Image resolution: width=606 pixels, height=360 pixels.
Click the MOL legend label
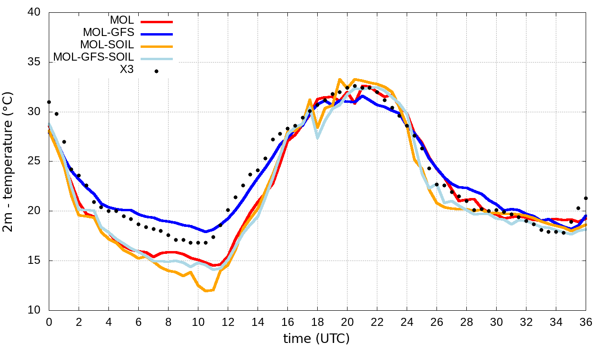(x=122, y=20)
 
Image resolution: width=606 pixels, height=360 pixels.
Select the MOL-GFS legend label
(x=108, y=33)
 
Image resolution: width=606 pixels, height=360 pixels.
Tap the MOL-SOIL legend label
(x=107, y=45)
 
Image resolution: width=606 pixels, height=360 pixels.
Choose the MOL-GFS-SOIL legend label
(x=93, y=57)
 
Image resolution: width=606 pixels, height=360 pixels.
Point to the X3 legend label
(x=126, y=70)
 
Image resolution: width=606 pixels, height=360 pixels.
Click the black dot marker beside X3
(x=156, y=72)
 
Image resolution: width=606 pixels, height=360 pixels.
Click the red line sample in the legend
(x=157, y=21)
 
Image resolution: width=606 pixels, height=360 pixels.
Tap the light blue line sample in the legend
(x=157, y=59)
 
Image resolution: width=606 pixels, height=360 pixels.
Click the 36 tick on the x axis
(x=586, y=322)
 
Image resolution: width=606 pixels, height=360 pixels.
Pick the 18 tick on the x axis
(x=317, y=322)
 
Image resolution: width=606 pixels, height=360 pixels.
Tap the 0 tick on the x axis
(x=49, y=322)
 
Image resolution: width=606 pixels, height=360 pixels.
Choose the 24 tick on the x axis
(x=407, y=322)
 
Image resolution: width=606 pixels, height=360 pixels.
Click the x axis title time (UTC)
(x=316, y=339)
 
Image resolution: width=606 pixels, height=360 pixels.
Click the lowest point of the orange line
(x=206, y=291)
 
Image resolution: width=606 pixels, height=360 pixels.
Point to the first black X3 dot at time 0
(x=49, y=102)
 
